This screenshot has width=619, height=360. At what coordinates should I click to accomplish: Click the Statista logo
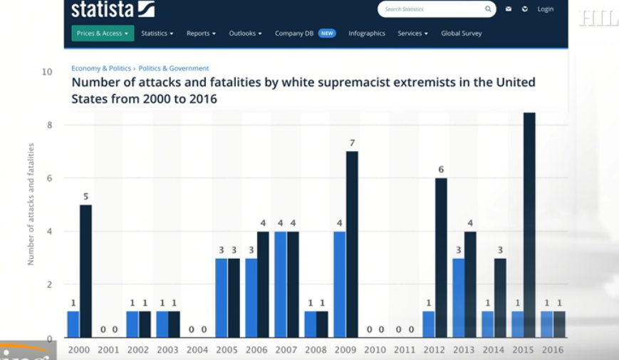point(113,9)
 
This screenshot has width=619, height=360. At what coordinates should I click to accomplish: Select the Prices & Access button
point(103,34)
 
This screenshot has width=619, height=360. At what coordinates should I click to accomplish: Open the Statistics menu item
point(157,34)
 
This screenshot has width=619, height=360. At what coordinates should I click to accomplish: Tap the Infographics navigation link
point(367,34)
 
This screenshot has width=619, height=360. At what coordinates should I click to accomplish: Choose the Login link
point(546,9)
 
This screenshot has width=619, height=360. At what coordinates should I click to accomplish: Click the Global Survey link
point(461,34)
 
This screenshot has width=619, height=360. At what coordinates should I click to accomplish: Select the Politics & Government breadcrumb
point(174,68)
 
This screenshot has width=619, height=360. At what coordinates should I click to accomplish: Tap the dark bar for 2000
point(86,271)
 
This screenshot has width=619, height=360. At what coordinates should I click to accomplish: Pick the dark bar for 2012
point(441,257)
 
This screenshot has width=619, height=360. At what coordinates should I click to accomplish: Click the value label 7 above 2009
point(352,143)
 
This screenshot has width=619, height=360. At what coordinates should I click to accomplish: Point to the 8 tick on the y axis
point(48,125)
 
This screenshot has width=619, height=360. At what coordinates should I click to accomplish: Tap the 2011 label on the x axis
point(404,350)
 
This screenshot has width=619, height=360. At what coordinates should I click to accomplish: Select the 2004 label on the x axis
point(197,350)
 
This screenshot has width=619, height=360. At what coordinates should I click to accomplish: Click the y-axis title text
point(31,204)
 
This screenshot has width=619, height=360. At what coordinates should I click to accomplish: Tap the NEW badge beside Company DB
point(327,34)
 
